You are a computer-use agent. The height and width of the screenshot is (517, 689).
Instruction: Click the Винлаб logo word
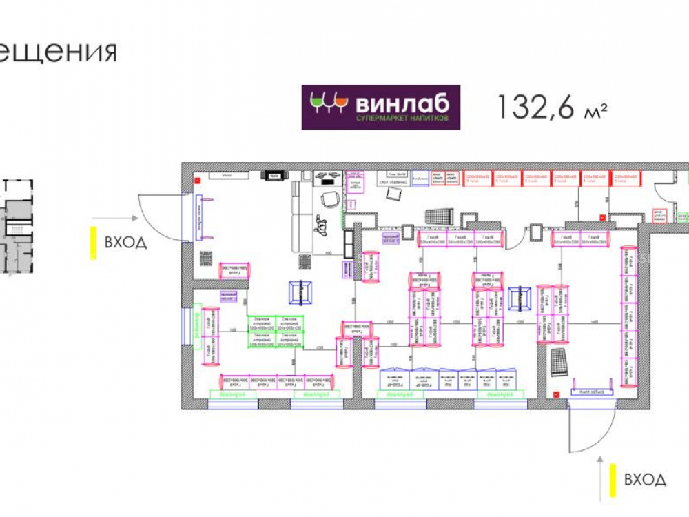(x=402, y=103)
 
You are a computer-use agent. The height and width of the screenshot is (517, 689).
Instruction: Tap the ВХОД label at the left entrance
(x=125, y=243)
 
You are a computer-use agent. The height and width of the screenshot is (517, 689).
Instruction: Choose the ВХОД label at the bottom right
(x=645, y=479)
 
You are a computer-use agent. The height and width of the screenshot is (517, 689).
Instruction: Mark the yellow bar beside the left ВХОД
(x=93, y=243)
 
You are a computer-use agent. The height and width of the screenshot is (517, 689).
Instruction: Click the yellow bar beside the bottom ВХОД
(x=611, y=480)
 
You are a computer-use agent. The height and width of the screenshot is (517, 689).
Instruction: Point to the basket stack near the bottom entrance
(x=559, y=361)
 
